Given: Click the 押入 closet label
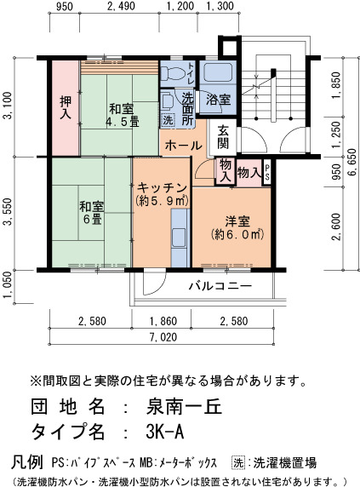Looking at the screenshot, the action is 66,107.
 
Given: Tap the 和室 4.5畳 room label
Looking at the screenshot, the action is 122,116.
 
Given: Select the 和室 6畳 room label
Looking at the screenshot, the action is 92,213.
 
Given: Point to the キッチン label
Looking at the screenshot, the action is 162,188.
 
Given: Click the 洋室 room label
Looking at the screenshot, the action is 237,221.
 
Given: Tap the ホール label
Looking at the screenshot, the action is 184,145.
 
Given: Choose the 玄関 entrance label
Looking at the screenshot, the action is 223,137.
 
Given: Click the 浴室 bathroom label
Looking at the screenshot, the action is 218,100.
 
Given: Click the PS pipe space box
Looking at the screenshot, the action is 267,173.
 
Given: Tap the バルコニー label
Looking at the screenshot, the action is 220,285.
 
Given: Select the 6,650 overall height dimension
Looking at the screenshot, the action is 352,167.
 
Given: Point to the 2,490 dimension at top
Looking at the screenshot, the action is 121,6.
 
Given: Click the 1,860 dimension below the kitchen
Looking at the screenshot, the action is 163,321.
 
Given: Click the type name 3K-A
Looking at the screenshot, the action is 164,431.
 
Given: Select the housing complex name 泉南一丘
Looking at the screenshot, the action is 184,406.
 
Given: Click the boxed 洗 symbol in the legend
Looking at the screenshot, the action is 238,463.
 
